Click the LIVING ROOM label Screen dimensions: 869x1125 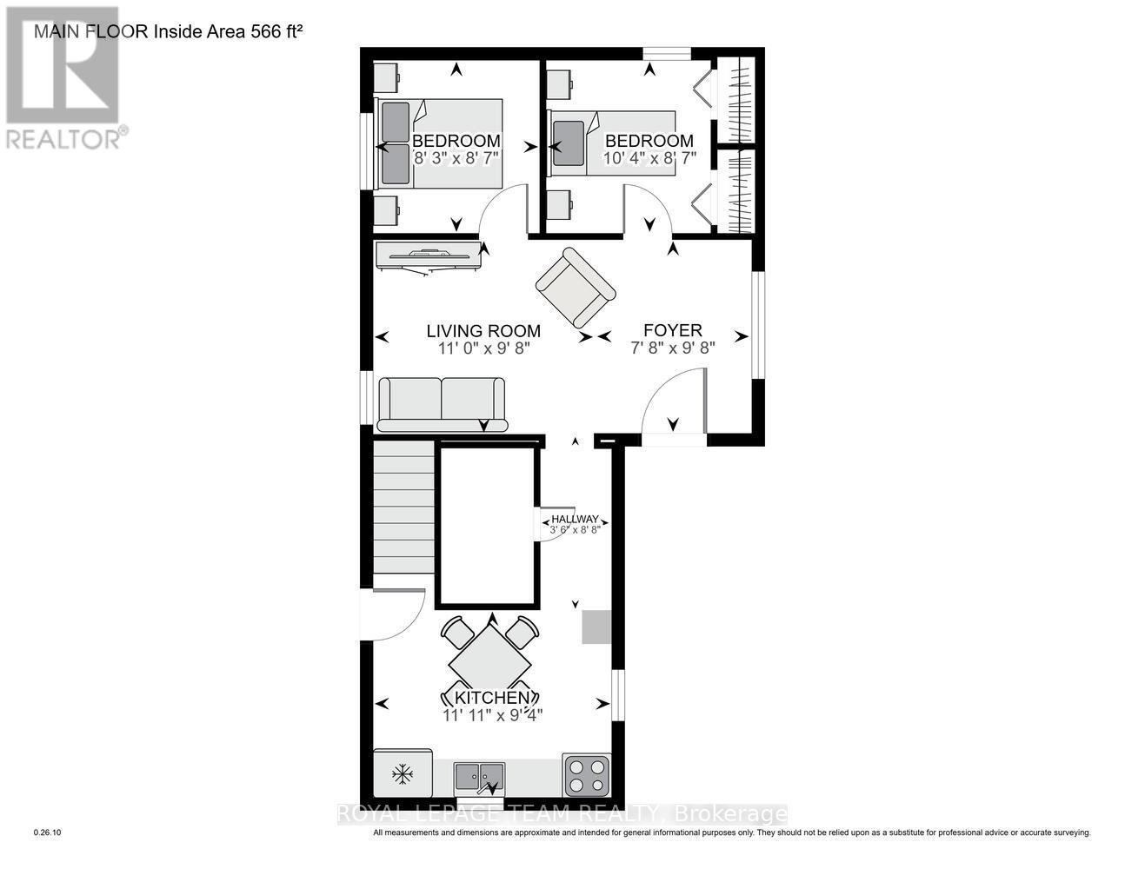[483, 330]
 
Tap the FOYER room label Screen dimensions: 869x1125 [672, 330]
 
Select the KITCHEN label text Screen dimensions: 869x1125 [487, 698]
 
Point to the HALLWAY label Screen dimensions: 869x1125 [575, 519]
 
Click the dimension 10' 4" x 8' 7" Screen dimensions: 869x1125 [649, 159]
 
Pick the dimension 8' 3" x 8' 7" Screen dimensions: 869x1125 [456, 159]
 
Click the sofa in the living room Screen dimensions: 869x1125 [442, 404]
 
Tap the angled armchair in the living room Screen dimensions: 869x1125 [575, 287]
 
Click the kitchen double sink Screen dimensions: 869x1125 [479, 775]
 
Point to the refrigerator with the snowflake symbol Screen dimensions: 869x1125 [403, 773]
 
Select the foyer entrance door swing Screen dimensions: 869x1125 [674, 404]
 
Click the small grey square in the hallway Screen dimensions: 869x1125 [596, 627]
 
